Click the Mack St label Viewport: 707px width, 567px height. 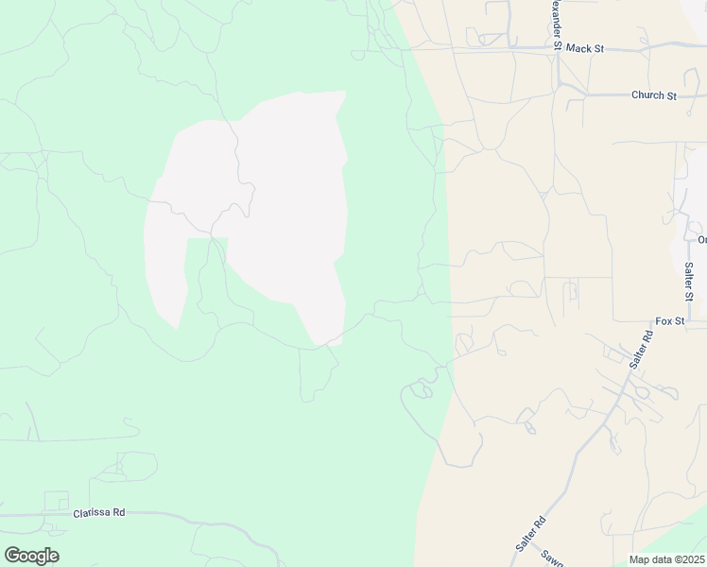[x=585, y=47]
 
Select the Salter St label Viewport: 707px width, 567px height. [x=689, y=282]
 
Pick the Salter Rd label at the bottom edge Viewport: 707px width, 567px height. [x=530, y=534]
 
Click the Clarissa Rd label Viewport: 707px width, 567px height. [x=99, y=513]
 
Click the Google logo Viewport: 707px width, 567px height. [x=31, y=556]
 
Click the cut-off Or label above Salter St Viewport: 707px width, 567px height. [x=701, y=239]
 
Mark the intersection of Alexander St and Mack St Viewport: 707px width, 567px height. [x=558, y=47]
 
